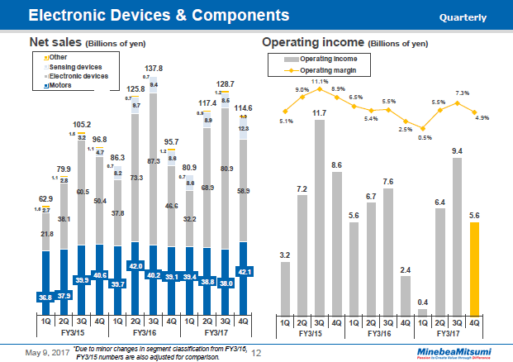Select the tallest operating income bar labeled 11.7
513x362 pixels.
[x=320, y=219]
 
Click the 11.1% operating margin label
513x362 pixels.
[x=321, y=82]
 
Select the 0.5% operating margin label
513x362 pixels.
[x=424, y=138]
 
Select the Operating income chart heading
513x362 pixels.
[x=314, y=42]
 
